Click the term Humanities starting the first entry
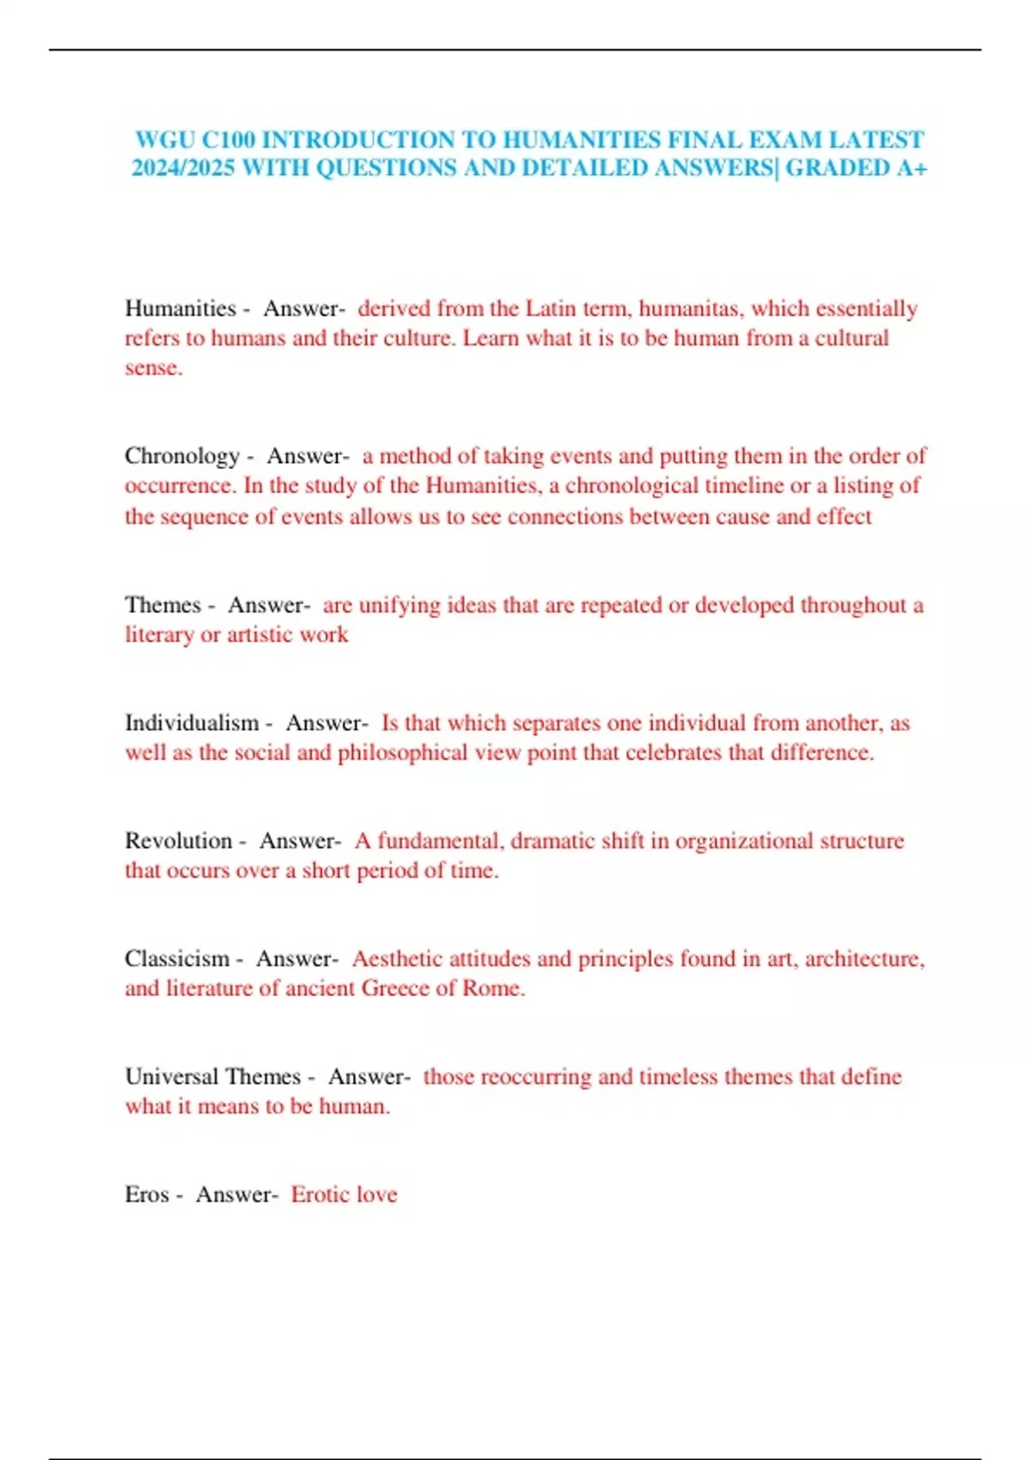click(180, 308)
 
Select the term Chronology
click(182, 456)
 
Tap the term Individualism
click(192, 723)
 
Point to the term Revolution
click(179, 841)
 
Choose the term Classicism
click(177, 958)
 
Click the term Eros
click(147, 1195)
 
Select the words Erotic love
click(344, 1195)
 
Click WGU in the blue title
click(164, 140)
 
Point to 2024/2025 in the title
click(183, 167)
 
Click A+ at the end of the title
click(911, 167)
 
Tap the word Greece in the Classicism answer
click(394, 989)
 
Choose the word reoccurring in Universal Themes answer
click(534, 1077)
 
